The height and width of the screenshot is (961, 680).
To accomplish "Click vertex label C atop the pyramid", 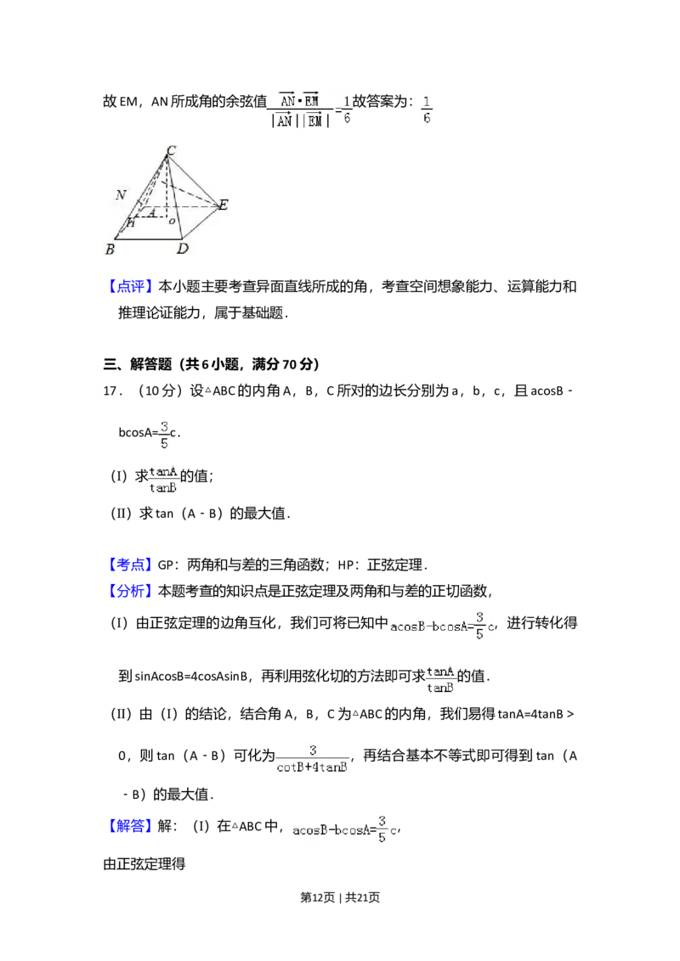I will coord(171,151).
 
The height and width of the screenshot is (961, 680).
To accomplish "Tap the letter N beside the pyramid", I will coord(122,195).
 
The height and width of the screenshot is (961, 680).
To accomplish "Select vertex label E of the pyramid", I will coord(223,205).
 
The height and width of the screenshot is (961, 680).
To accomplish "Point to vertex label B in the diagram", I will coord(110,250).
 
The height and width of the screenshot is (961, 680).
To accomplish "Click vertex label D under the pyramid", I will coord(181,250).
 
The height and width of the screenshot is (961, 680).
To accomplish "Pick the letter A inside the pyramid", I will coord(151,212).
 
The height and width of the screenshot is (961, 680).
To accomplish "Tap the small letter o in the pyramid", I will coord(172,221).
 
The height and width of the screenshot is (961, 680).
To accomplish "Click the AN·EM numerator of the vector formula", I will coord(298,100).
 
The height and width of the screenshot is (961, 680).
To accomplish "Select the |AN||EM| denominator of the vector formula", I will coord(297,121).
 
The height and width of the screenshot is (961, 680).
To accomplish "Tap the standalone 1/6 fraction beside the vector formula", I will coord(426,110).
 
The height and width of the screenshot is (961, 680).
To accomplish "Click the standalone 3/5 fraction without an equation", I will coord(167,434).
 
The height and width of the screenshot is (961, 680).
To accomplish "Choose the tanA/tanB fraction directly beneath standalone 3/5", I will coord(163,479).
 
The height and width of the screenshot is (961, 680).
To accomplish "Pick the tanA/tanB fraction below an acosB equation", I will coord(441,679).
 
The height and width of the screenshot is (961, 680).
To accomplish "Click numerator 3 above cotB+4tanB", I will coord(313,750).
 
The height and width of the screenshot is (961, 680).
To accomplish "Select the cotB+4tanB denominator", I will coord(313,767).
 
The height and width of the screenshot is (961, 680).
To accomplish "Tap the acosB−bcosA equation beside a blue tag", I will coord(343,829).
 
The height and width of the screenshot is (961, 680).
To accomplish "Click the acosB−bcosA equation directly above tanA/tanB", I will coord(441,625).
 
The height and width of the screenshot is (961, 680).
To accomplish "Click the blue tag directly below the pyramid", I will coord(132,288).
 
